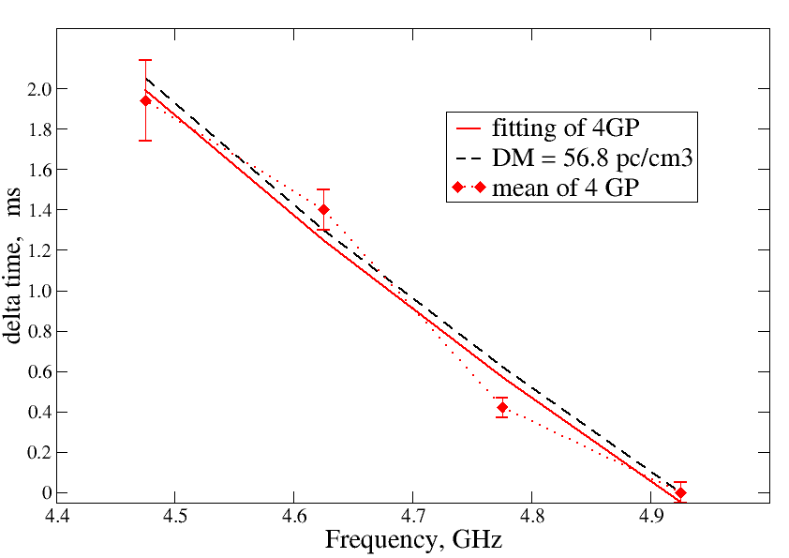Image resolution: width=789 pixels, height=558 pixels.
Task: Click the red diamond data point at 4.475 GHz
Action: [x=145, y=100]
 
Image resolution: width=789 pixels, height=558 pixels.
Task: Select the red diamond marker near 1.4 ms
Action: [x=323, y=209]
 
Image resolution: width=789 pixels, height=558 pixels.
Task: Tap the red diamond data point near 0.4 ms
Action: [x=502, y=407]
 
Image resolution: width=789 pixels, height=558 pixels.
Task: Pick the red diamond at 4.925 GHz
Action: [x=680, y=492]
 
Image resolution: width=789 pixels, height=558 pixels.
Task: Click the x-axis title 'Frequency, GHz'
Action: [x=413, y=540]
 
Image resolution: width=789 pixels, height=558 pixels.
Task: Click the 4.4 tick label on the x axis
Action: [x=56, y=516]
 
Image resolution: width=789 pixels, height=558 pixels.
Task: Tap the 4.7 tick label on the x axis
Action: [x=412, y=516]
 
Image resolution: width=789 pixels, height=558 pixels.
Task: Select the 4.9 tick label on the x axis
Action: [x=650, y=516]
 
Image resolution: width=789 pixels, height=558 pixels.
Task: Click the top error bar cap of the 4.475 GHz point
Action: [x=145, y=60]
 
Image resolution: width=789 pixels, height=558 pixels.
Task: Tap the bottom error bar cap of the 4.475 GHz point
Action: [x=145, y=141]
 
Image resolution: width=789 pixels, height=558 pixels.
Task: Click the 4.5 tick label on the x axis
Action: [x=175, y=516]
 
